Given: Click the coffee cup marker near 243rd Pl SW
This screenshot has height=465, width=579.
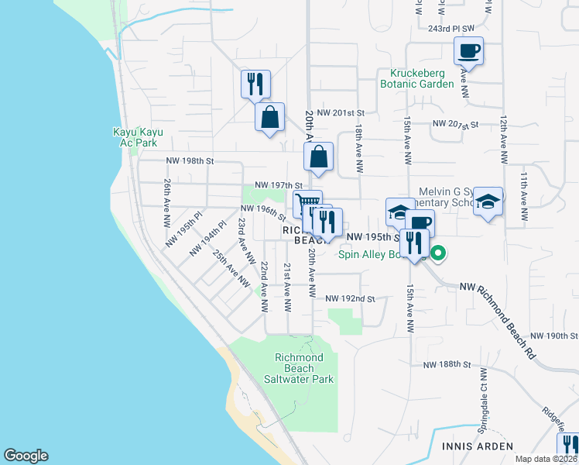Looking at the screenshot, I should pyautogui.click(x=468, y=52).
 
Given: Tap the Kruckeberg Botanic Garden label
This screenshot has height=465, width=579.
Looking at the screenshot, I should pyautogui.click(x=416, y=78).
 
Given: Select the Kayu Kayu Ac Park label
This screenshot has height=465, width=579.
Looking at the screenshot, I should pyautogui.click(x=135, y=137).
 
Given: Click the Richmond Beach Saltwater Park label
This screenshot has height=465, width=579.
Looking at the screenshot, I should pyautogui.click(x=304, y=368).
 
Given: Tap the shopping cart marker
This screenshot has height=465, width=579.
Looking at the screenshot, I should pyautogui.click(x=308, y=203).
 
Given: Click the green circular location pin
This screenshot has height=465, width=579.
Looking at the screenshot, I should pyautogui.click(x=438, y=253).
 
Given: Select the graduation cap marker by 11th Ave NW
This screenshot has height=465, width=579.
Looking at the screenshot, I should pyautogui.click(x=488, y=202).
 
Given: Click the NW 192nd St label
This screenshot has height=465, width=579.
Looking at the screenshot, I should pyautogui.click(x=350, y=298).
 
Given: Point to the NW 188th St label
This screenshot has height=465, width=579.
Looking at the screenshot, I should pyautogui.click(x=447, y=364).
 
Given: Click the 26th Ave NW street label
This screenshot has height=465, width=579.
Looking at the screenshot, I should pyautogui.click(x=167, y=202).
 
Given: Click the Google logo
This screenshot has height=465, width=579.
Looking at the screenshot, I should pyautogui.click(x=26, y=456).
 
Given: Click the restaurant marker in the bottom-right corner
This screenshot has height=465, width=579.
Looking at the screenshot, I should pyautogui.click(x=568, y=446).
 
